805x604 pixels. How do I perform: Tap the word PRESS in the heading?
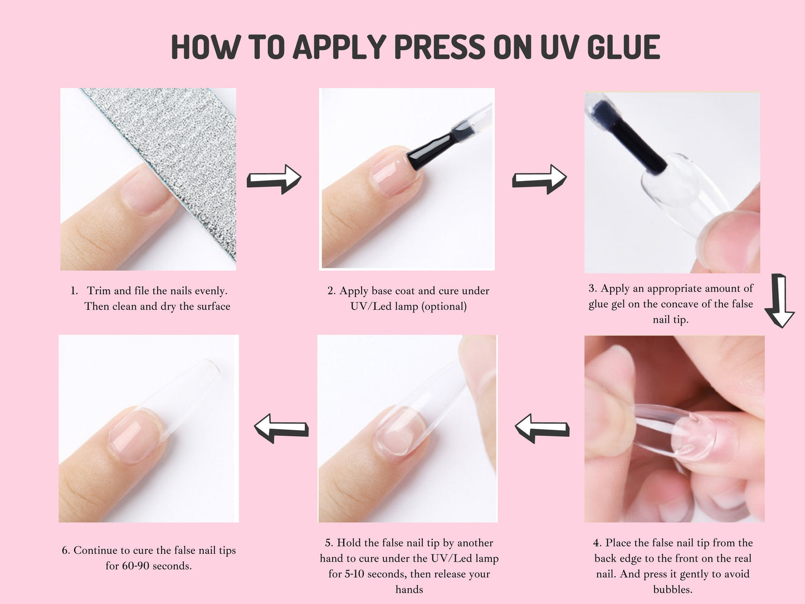[x=440, y=47]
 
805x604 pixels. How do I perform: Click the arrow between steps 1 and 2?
[x=274, y=179]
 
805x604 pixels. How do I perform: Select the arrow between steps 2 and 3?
[x=539, y=179]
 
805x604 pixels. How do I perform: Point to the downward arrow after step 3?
[x=779, y=301]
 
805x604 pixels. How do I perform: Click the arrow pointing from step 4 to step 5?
[x=542, y=428]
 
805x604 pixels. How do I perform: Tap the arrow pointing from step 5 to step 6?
[x=281, y=428]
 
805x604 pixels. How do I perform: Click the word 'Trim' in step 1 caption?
[x=98, y=291]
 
